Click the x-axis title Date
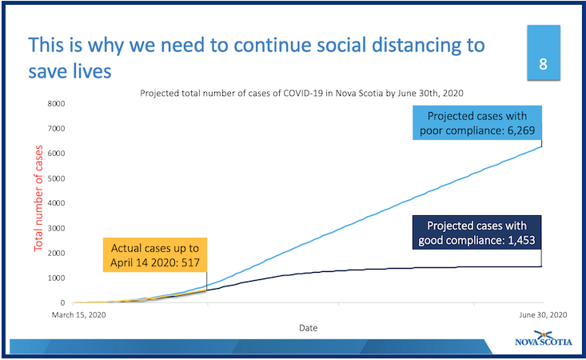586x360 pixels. click(307, 328)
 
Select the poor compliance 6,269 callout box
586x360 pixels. click(476, 123)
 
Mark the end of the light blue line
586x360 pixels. click(543, 146)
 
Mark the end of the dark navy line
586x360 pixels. click(543, 266)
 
